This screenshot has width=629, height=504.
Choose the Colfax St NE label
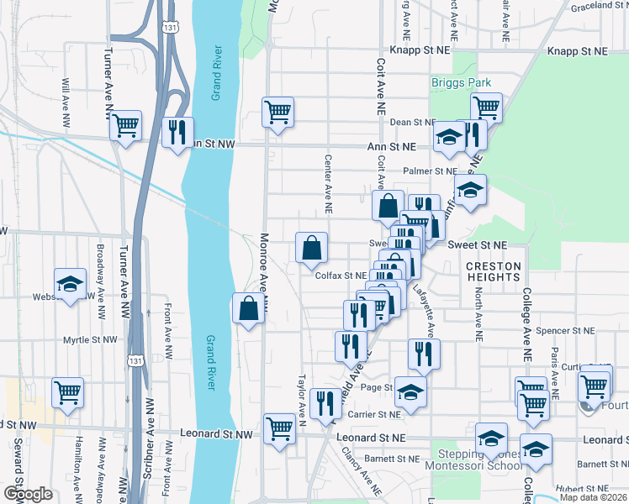point(341,275)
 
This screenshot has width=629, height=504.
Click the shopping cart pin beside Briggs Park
point(486,108)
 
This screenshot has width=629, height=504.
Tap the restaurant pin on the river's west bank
point(177,131)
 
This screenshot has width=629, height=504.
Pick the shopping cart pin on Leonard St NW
point(279,427)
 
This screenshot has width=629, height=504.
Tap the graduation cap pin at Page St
point(410,391)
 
